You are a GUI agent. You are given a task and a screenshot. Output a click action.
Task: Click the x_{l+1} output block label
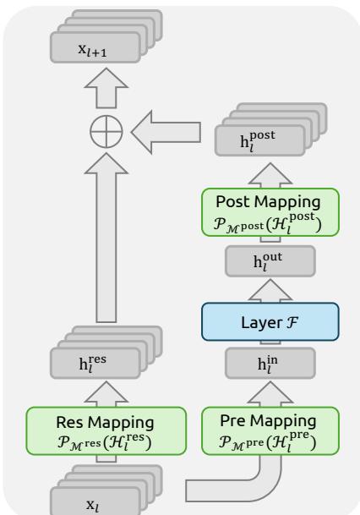pos(93,50)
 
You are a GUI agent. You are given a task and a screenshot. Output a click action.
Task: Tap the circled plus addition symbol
pos(106,131)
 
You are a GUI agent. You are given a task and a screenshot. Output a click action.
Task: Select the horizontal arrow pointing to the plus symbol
pos(166,133)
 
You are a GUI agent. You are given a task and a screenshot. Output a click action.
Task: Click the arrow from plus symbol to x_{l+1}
pos(106,88)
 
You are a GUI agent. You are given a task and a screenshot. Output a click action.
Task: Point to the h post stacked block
pos(270,129)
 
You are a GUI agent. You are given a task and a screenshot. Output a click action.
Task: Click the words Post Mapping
pos(268,201)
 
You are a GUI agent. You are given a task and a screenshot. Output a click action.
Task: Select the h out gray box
pos(270,261)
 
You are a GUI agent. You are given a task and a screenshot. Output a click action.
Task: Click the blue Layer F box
pos(270,322)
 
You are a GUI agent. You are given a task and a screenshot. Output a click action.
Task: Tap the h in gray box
pos(270,364)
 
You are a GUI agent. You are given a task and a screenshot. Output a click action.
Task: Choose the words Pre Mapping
pos(268,421)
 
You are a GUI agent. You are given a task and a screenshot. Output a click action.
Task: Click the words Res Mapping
pos(105,422)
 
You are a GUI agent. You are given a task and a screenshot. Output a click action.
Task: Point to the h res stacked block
pos(106,353)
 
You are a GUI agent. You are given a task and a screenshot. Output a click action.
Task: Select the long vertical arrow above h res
pos(106,238)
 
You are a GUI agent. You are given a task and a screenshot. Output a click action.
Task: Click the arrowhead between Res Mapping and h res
pos(106,393)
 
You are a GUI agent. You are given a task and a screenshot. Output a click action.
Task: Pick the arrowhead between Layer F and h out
pos(270,290)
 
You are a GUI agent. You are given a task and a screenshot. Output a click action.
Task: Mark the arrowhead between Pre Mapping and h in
pos(270,393)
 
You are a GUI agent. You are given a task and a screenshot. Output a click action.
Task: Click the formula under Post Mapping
pos(267,223)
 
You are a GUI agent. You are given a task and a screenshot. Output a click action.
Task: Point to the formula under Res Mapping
pos(104,442)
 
